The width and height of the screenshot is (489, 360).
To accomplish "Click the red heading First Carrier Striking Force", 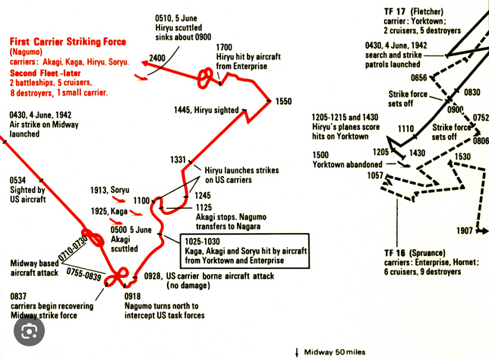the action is point(68,42).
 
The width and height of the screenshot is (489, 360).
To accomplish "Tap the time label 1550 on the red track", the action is point(283,101).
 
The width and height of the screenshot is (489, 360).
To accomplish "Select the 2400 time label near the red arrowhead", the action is point(157,58).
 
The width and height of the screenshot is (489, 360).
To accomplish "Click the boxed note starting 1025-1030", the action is point(244,251).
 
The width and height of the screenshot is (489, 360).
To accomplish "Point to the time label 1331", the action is point(178,159).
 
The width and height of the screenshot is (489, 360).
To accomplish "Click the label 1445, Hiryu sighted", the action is point(206,110).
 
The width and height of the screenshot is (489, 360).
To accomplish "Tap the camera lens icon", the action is point(30,330).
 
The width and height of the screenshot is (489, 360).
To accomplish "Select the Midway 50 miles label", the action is point(335,352).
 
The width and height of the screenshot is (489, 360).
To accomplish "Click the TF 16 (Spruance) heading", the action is point(415,253).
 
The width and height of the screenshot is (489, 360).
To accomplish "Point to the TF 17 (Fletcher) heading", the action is point(414,12).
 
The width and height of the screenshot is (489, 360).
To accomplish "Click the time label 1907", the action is point(465,231).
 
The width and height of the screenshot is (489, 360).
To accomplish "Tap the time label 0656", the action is point(418,77).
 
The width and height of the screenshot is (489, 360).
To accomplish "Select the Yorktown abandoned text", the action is point(348,165).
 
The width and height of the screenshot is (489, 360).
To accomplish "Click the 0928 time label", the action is point(152,276).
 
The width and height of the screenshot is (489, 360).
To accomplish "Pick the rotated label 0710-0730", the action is point(73,248).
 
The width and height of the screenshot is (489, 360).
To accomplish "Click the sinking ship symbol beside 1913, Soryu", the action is point(119,199).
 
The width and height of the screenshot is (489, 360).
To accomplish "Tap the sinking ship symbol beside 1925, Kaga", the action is point(136,213).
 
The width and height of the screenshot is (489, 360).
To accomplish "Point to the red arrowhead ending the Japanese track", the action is point(145,64).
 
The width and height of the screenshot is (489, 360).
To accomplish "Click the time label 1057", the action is point(375,175).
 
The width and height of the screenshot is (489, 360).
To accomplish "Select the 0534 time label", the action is point(17,180).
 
